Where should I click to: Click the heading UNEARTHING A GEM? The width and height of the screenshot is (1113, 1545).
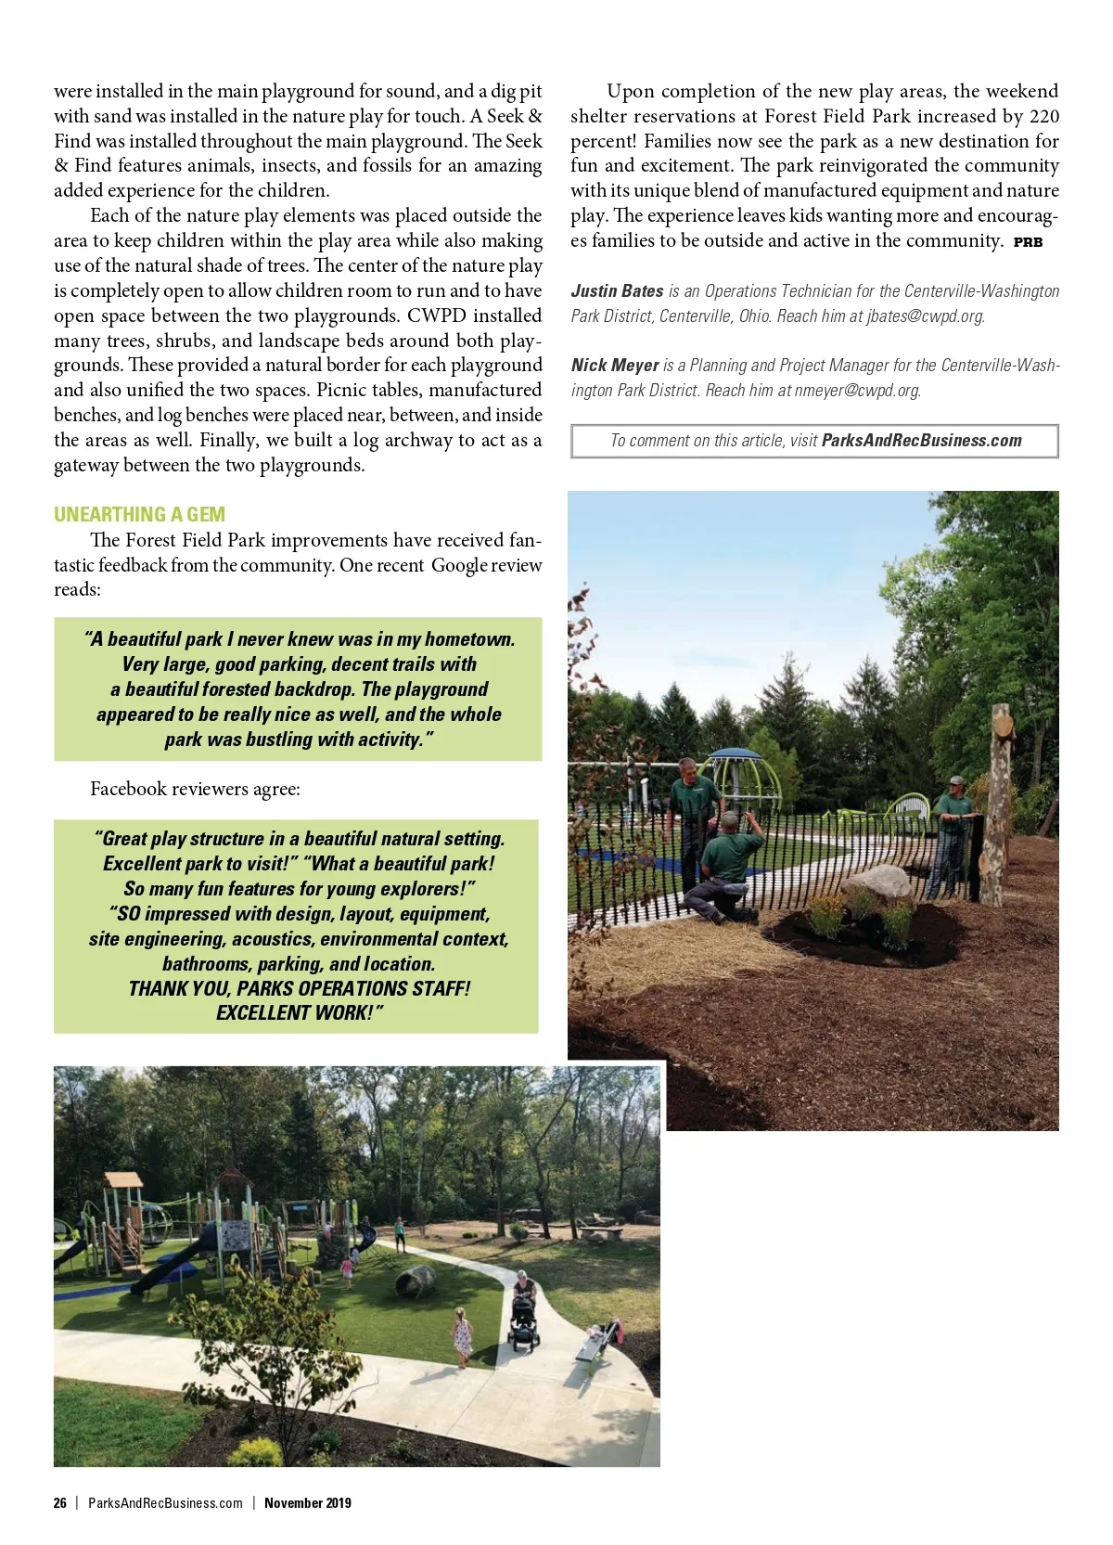click(x=139, y=514)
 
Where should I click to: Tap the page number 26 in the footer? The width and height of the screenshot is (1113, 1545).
click(x=59, y=1502)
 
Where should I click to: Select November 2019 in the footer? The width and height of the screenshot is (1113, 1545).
click(x=307, y=1502)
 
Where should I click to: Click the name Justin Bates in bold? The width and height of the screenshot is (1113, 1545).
click(x=617, y=291)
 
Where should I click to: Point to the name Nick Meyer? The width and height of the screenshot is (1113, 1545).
click(x=615, y=366)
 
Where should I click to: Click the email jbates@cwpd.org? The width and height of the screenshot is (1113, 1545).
click(x=925, y=316)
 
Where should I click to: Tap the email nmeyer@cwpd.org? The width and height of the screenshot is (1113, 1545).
click(x=856, y=391)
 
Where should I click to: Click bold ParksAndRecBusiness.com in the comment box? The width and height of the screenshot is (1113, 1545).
click(x=921, y=441)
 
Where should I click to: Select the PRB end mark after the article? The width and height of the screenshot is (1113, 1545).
click(x=1028, y=242)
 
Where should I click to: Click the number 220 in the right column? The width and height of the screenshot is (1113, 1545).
click(x=1043, y=116)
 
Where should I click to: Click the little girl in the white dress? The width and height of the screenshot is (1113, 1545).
click(x=462, y=1336)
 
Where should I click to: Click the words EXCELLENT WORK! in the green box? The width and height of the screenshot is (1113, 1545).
click(x=299, y=1012)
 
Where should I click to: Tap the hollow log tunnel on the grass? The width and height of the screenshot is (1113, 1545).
click(x=416, y=1282)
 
